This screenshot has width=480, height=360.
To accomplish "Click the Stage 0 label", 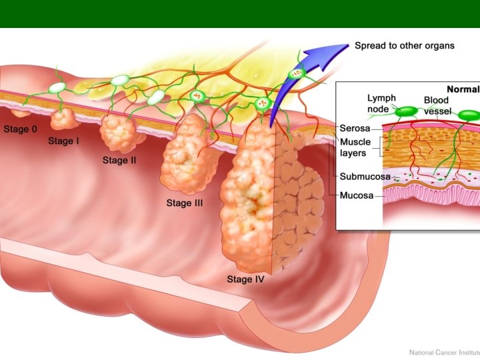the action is tap(21, 129).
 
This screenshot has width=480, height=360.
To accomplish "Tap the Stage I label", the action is tap(63, 141).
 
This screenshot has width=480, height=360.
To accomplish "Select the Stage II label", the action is tap(119, 160).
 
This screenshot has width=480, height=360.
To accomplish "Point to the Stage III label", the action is tap(185, 203).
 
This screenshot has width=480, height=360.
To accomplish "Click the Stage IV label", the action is tap(245, 279).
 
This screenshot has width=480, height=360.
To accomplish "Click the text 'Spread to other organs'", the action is tap(405, 46).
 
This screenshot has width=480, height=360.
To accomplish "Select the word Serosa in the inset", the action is tap(355, 127).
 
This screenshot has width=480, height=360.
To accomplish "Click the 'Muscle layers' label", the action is tap(355, 148).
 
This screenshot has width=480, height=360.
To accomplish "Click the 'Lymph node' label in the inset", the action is tap(381, 103).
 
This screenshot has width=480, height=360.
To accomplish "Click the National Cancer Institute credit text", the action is tap(443, 351).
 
